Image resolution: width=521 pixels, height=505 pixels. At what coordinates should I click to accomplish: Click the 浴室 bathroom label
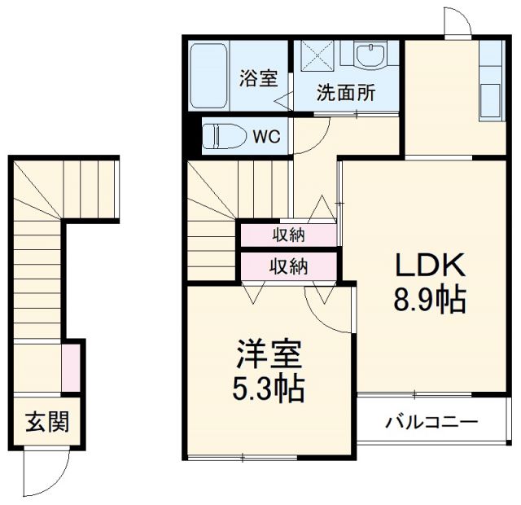tap(258, 79)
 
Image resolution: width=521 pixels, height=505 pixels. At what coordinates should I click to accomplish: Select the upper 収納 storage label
tap(288, 235)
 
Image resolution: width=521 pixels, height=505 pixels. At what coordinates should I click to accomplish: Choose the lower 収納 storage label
tap(288, 266)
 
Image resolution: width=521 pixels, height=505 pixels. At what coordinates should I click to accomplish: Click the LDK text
tap(429, 266)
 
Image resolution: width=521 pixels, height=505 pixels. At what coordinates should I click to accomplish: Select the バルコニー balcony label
tap(431, 423)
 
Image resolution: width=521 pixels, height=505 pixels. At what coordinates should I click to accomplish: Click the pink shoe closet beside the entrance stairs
tap(71, 367)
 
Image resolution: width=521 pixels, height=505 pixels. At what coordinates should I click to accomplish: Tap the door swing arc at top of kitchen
tap(456, 23)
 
